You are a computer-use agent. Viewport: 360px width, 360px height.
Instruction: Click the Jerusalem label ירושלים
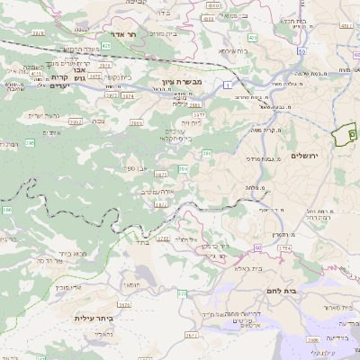pyautogui.click(x=305, y=155)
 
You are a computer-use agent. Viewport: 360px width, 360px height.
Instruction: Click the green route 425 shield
pyautogui.click(x=106, y=44)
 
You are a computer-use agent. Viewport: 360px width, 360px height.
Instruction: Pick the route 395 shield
pyautogui.click(x=30, y=142)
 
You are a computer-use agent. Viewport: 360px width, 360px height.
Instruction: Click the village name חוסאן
pyautogui.click(x=130, y=283)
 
